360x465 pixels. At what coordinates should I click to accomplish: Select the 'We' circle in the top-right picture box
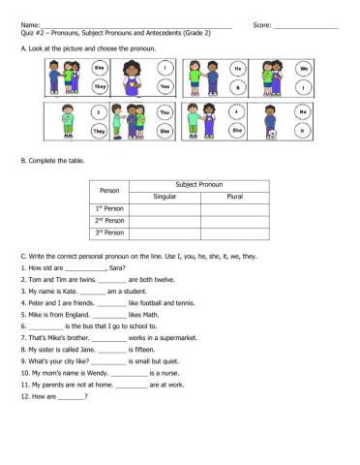[x=303, y=70]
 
